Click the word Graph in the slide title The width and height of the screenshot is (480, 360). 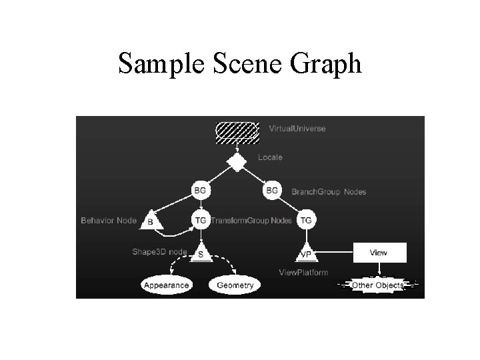326,64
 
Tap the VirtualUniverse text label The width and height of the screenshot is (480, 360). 297,128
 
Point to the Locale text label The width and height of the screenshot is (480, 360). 270,157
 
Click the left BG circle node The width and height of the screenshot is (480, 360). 200,190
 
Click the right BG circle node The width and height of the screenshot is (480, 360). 272,190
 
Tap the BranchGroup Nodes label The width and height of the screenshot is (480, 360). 329,192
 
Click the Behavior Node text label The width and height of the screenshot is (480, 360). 109,220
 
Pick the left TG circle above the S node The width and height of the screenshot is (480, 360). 200,219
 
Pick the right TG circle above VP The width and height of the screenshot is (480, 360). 306,219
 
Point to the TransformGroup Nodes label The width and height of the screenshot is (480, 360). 251,220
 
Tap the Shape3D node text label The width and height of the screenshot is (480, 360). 159,251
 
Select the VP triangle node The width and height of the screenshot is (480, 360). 306,254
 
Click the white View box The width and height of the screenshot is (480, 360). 378,253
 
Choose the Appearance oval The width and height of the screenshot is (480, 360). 166,285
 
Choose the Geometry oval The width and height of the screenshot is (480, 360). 235,285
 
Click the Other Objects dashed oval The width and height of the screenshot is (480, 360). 377,285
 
